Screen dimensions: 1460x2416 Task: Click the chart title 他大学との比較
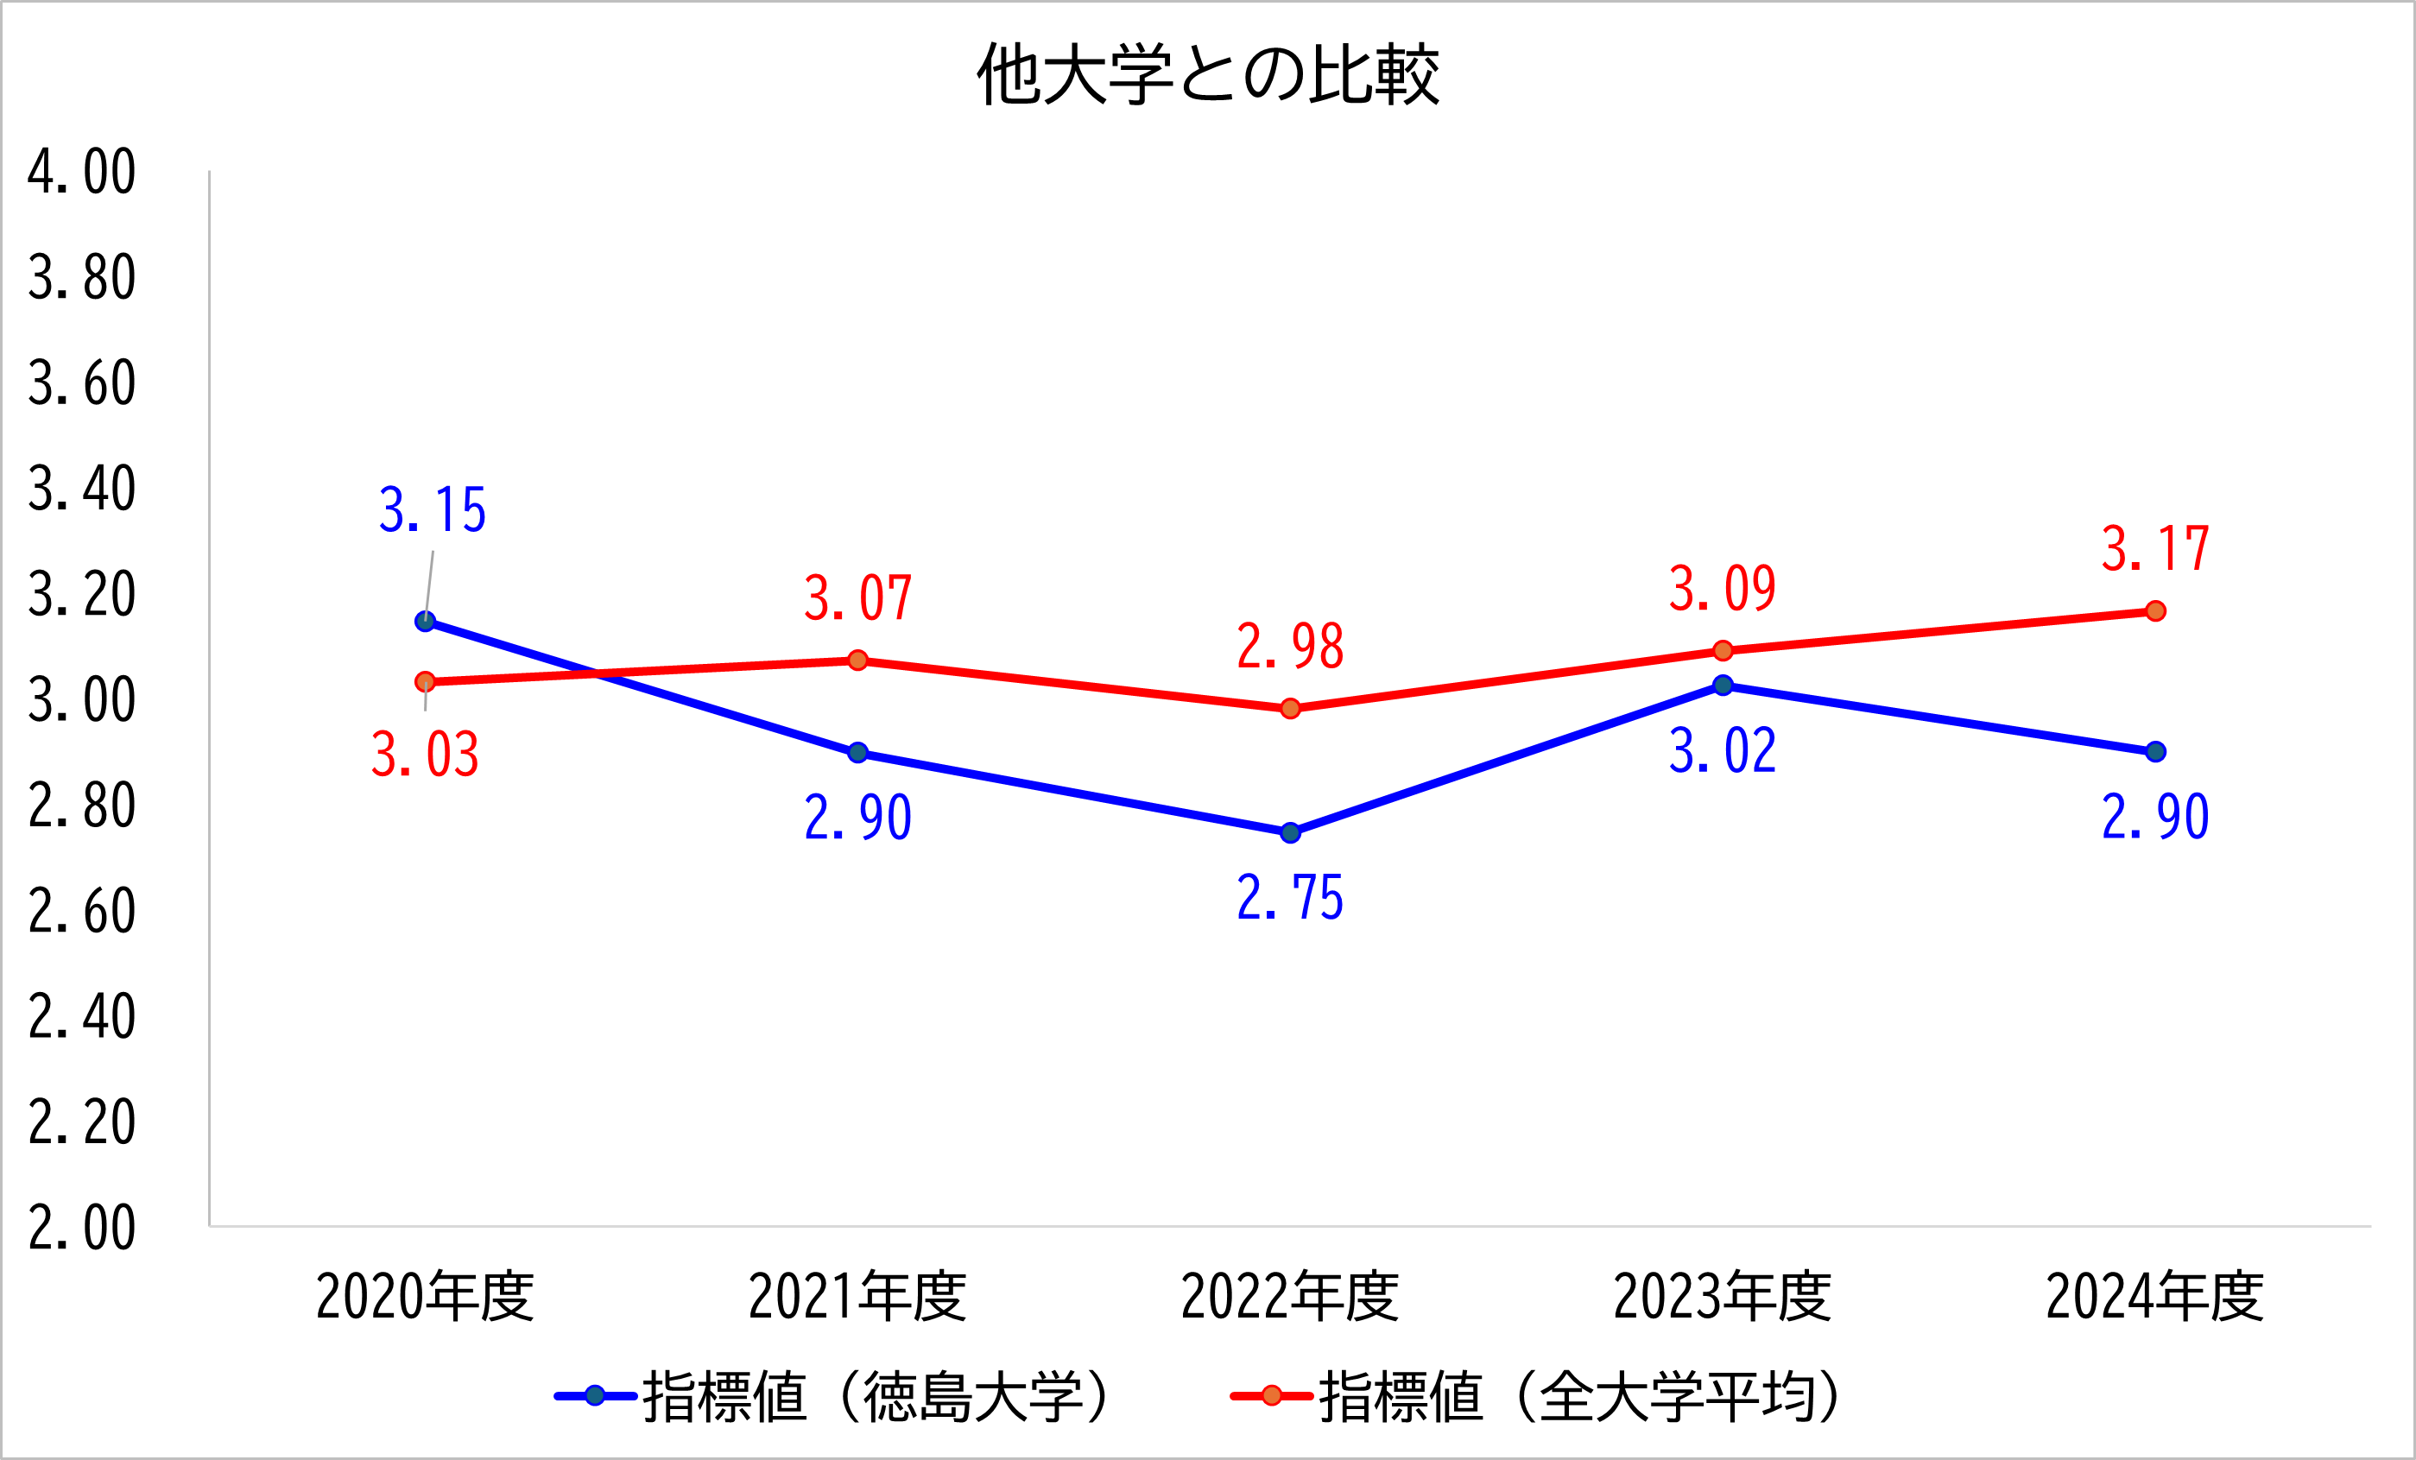pyautogui.click(x=1208, y=74)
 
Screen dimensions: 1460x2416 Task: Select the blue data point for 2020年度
pyautogui.click(x=426, y=621)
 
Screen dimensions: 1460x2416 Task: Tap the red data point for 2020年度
pyautogui.click(x=426, y=681)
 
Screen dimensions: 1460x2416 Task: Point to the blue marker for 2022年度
pyautogui.click(x=1290, y=832)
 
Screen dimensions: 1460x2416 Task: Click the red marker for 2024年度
pyautogui.click(x=2155, y=611)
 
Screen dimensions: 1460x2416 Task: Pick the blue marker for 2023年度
pyautogui.click(x=1723, y=686)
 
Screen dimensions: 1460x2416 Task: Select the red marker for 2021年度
pyautogui.click(x=858, y=660)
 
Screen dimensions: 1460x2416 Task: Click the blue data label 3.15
pyautogui.click(x=433, y=511)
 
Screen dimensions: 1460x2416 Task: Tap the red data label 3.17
pyautogui.click(x=2155, y=549)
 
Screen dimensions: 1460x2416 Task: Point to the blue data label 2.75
pyautogui.click(x=1290, y=898)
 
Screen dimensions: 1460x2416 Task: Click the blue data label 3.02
pyautogui.click(x=1723, y=752)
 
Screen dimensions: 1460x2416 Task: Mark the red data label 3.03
pyautogui.click(x=426, y=755)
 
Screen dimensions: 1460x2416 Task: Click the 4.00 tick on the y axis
pyautogui.click(x=81, y=173)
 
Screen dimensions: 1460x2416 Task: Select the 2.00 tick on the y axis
pyautogui.click(x=81, y=1228)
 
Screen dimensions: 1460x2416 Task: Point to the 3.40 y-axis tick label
pyautogui.click(x=81, y=490)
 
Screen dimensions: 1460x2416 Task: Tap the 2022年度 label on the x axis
pyautogui.click(x=1290, y=1296)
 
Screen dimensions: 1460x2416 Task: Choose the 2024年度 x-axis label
pyautogui.click(x=2155, y=1296)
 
